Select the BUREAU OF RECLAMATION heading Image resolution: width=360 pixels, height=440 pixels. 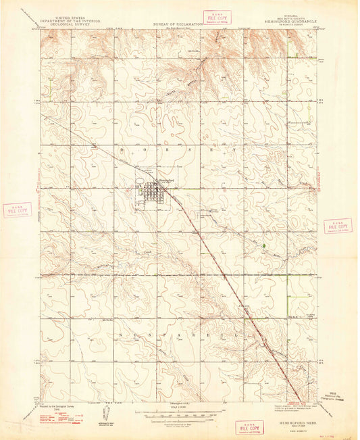click(174, 23)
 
